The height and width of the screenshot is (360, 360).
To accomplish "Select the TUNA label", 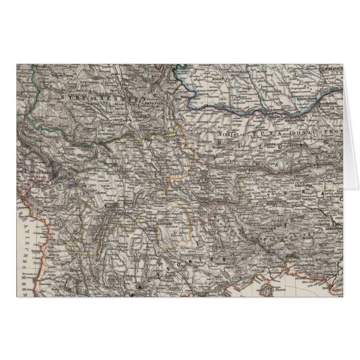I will (x=264, y=134).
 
